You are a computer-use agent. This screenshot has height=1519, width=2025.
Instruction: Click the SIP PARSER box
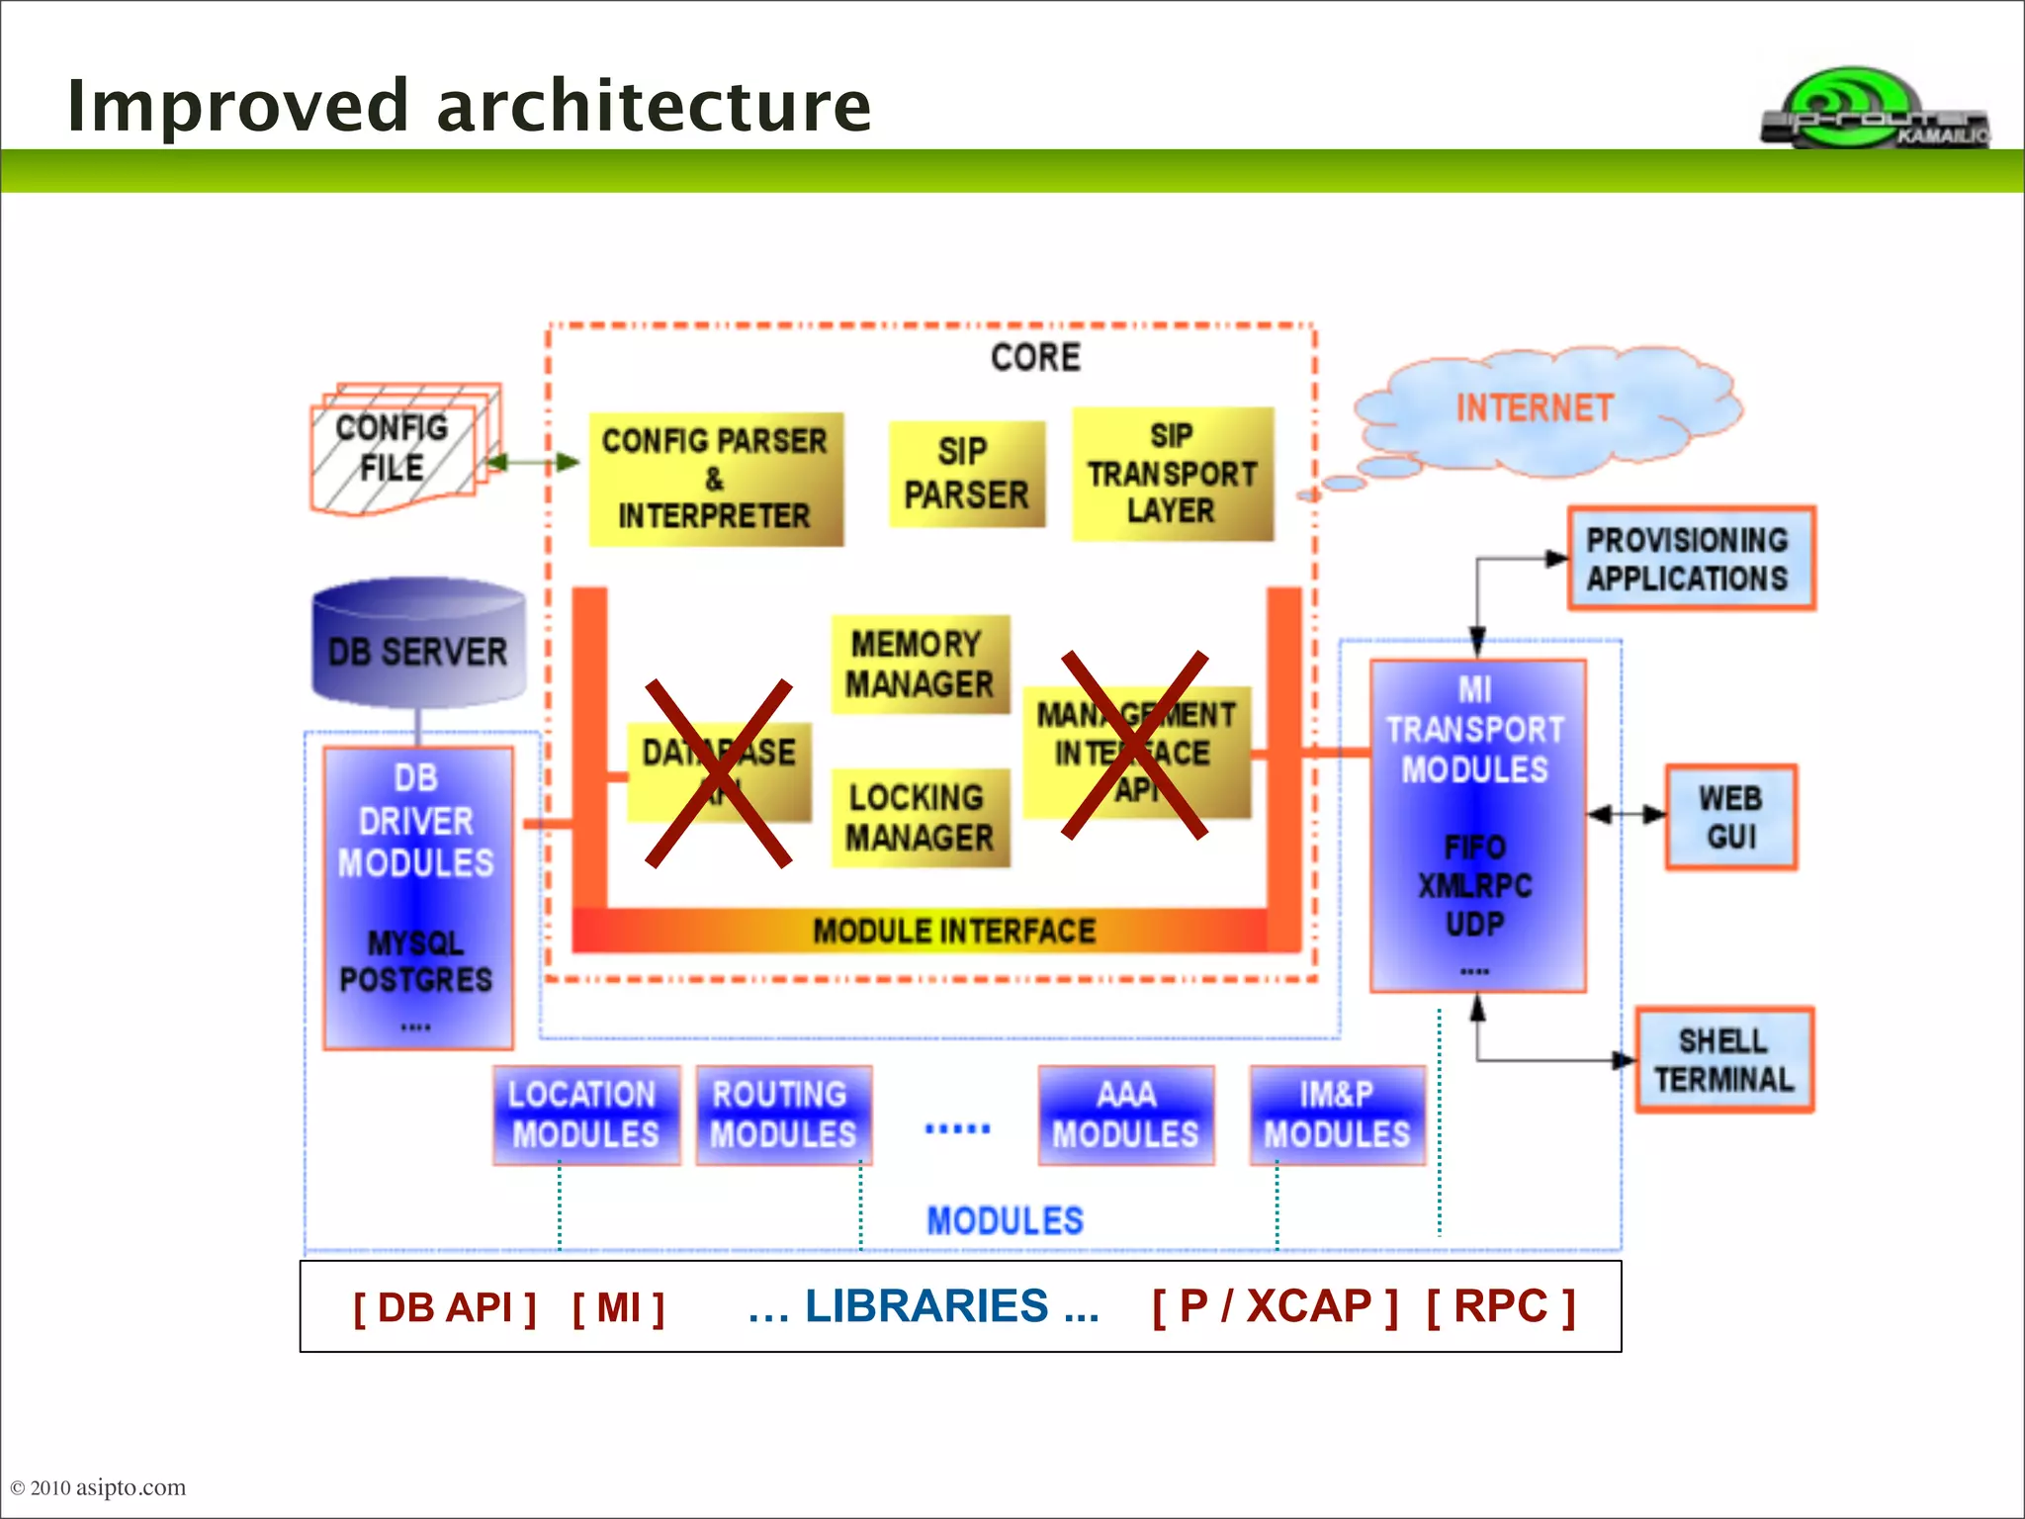pos(966,474)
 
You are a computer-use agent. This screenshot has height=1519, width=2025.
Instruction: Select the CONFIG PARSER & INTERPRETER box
pos(716,479)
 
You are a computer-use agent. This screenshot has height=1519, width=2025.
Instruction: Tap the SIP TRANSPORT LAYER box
pos(1173,474)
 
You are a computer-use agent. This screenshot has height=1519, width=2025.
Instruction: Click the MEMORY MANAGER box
pos(920,664)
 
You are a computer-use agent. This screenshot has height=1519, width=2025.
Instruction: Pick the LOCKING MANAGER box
pos(920,818)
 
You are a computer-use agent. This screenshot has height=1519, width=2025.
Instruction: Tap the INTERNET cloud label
pos(1535,407)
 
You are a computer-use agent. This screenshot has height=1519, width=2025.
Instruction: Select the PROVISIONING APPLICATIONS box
pos(1690,559)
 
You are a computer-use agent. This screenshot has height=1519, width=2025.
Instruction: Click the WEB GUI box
pos(1730,817)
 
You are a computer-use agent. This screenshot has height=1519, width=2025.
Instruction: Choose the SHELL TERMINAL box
pos(1723,1060)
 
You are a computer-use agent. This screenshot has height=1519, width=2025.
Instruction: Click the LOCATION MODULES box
pos(586,1115)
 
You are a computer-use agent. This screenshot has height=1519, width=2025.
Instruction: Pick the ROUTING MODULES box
pos(783,1115)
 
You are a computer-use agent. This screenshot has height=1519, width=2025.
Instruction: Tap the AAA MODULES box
pos(1125,1115)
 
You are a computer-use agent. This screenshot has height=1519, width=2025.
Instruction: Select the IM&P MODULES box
pos(1337,1115)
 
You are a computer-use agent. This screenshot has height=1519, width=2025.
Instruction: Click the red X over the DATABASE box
pos(719,773)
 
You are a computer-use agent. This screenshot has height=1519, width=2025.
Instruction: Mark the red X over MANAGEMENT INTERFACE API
pos(1134,745)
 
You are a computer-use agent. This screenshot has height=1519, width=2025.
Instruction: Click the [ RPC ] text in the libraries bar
pos(1500,1306)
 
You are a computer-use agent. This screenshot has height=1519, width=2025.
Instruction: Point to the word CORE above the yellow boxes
pos(1035,357)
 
